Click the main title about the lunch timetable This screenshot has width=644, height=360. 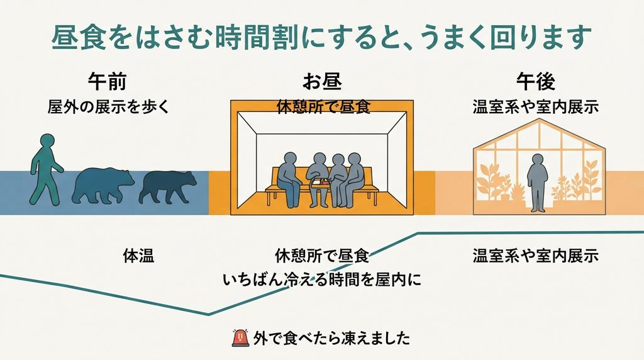[321, 37]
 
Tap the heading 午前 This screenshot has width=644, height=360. [107, 81]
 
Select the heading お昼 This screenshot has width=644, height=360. [322, 81]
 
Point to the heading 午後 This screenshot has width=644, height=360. [536, 81]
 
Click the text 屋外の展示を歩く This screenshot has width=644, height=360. [108, 107]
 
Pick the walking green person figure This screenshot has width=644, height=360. [46, 169]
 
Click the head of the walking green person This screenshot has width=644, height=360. [47, 140]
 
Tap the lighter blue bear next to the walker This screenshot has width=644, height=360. [103, 185]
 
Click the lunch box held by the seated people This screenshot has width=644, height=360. [320, 183]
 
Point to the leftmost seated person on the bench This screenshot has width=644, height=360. [290, 179]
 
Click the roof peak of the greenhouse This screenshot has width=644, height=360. [539, 119]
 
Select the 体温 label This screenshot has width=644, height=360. [138, 256]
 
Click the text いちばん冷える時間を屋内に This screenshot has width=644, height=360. [322, 280]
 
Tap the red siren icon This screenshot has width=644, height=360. [241, 338]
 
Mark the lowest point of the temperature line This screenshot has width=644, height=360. [208, 315]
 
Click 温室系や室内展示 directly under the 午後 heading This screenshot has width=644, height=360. [536, 107]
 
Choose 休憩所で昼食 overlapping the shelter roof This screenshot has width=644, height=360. [324, 107]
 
